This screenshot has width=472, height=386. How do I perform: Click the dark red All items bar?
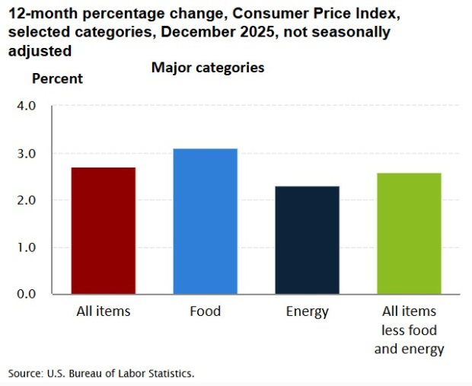(x=104, y=231)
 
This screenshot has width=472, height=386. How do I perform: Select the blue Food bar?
(x=206, y=221)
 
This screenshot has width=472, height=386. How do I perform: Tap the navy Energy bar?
(x=308, y=240)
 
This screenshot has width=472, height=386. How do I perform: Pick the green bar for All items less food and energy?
(x=410, y=233)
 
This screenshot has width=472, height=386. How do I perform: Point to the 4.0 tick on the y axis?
(x=26, y=106)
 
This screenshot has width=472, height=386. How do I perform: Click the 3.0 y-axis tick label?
(x=26, y=153)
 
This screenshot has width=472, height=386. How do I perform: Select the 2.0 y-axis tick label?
(x=26, y=200)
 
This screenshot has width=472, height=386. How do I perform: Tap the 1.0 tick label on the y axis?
(x=26, y=247)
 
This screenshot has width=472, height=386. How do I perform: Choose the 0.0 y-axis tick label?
(x=26, y=294)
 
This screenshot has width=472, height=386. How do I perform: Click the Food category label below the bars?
(x=206, y=311)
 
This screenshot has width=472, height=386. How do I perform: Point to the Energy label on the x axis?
(x=308, y=311)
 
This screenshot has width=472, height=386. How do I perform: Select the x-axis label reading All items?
(x=104, y=311)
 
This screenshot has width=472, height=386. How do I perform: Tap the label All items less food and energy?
(x=410, y=330)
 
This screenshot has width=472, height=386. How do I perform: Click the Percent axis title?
(x=57, y=78)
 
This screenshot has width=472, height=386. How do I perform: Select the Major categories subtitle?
(x=208, y=68)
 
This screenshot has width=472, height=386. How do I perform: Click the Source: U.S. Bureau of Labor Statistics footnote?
(x=101, y=373)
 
